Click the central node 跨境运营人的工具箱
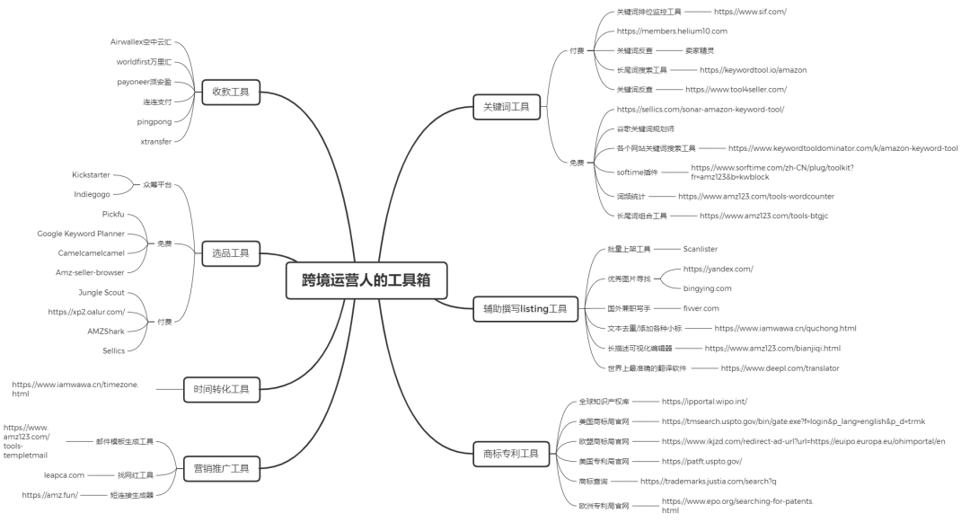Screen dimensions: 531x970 point(366,279)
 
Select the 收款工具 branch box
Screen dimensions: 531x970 point(231,91)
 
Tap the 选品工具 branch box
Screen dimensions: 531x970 point(231,255)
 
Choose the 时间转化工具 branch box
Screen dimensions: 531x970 point(221,389)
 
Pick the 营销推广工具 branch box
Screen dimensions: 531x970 point(221,468)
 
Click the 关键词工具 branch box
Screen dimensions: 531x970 point(507,107)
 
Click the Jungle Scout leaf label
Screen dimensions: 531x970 point(101,293)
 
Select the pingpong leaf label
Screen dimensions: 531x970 point(154,121)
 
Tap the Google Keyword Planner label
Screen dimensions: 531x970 point(81,234)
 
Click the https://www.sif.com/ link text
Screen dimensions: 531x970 point(750,12)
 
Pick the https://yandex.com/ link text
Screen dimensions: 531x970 point(718,269)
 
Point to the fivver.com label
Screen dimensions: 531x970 point(701,308)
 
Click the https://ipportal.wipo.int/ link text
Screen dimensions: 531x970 point(704,402)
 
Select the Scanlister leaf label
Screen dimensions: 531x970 point(701,249)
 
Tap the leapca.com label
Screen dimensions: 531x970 point(64,474)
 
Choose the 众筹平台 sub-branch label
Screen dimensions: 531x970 point(156,184)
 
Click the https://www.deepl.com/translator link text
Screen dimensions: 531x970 point(780,367)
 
